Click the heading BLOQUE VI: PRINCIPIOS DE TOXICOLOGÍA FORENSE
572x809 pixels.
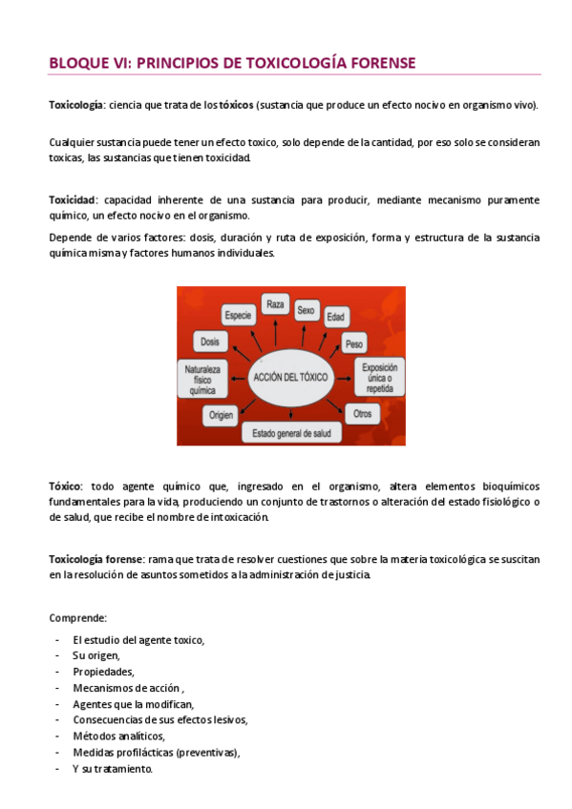(232, 63)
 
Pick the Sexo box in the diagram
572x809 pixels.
(306, 310)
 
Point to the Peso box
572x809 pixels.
(354, 342)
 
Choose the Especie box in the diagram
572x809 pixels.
(238, 314)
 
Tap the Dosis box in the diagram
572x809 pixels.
(210, 341)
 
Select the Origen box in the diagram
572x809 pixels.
(222, 414)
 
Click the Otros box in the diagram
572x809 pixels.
(362, 414)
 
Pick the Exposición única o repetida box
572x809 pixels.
(379, 377)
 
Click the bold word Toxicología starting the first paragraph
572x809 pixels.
(76, 104)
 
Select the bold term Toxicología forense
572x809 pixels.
(96, 559)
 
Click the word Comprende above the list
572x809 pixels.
(77, 617)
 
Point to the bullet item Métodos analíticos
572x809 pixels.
(118, 736)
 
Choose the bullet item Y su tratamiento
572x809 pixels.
(112, 768)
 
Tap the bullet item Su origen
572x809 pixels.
(95, 655)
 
